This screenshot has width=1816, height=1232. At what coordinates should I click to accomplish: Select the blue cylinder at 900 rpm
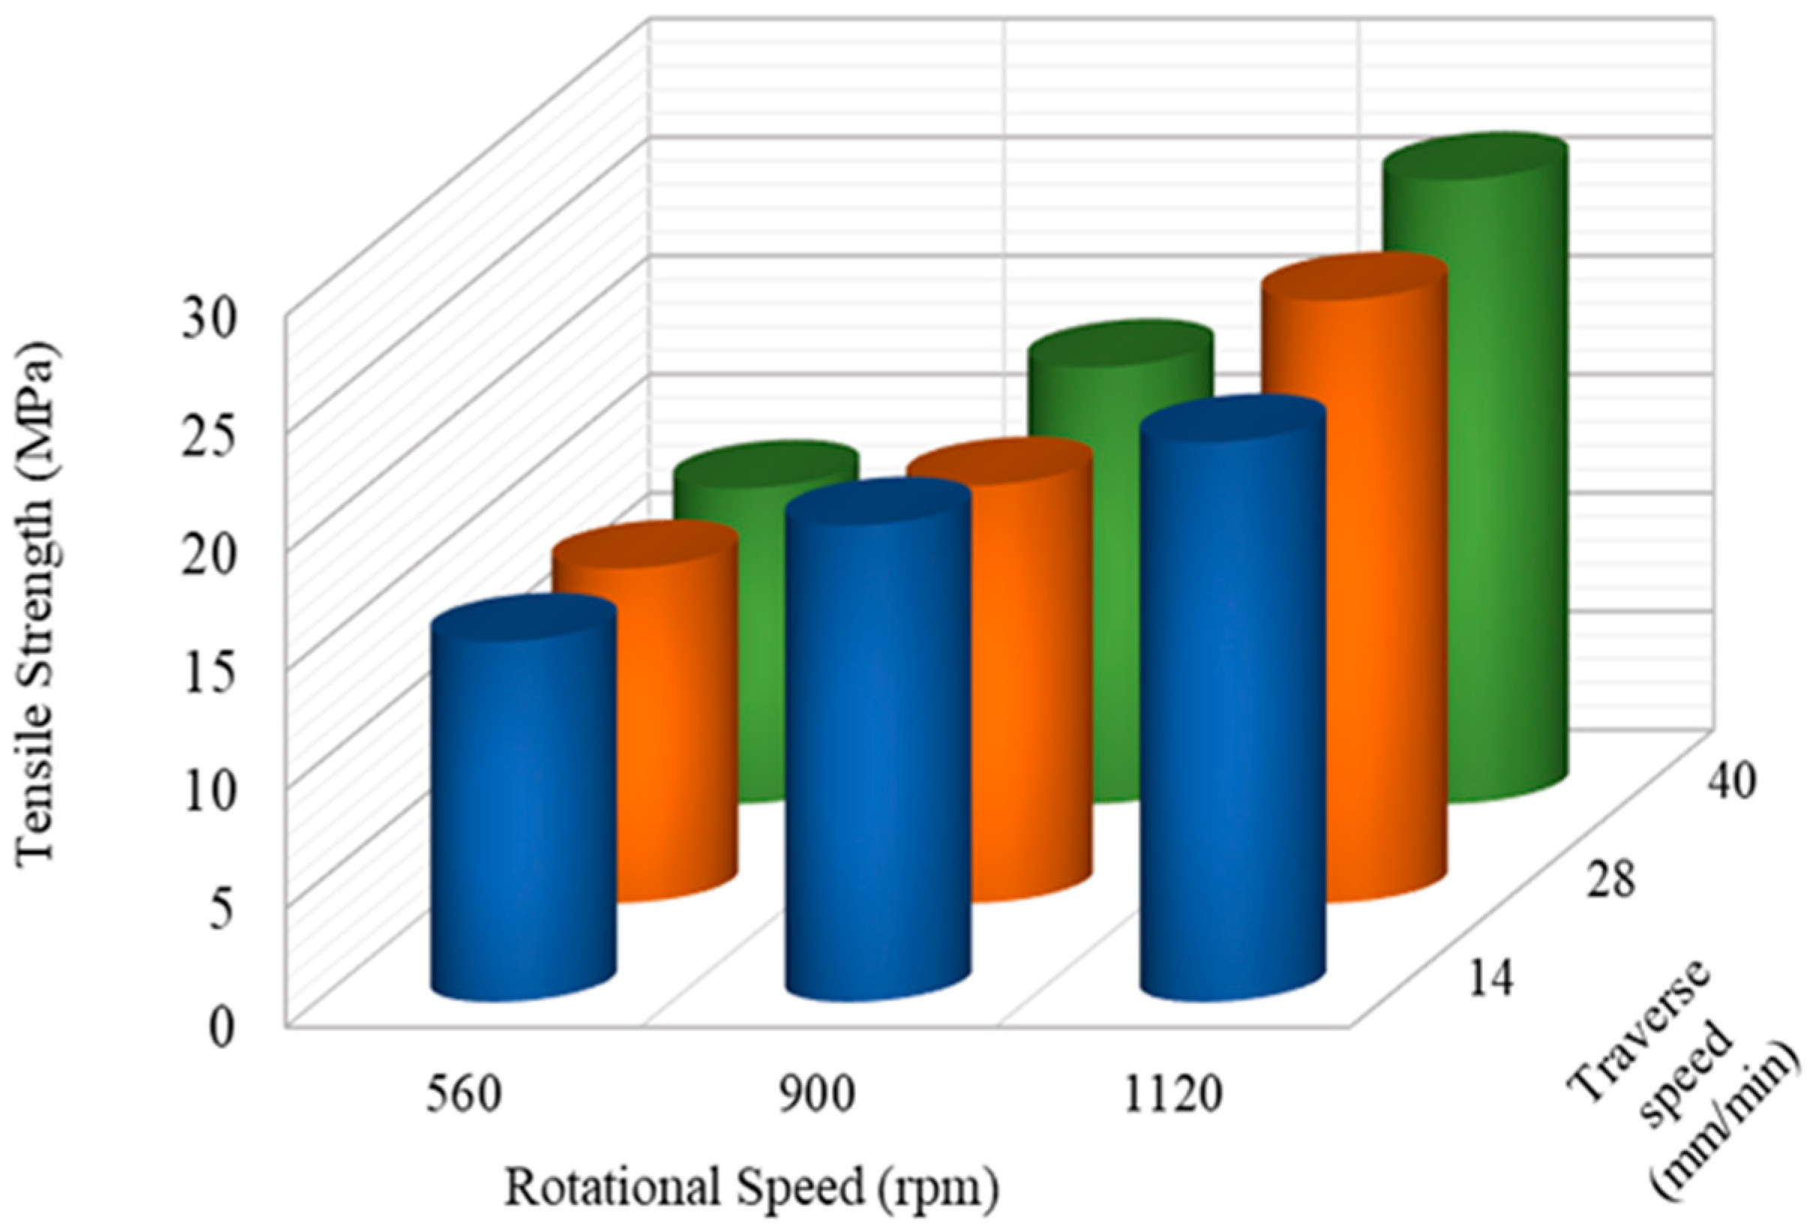[x=877, y=750]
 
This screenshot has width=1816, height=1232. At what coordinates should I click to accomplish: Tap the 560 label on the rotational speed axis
[x=463, y=1096]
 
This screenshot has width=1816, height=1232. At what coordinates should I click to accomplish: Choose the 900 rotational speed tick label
[x=817, y=1096]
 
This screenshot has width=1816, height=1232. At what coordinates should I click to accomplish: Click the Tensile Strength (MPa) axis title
[x=39, y=601]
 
